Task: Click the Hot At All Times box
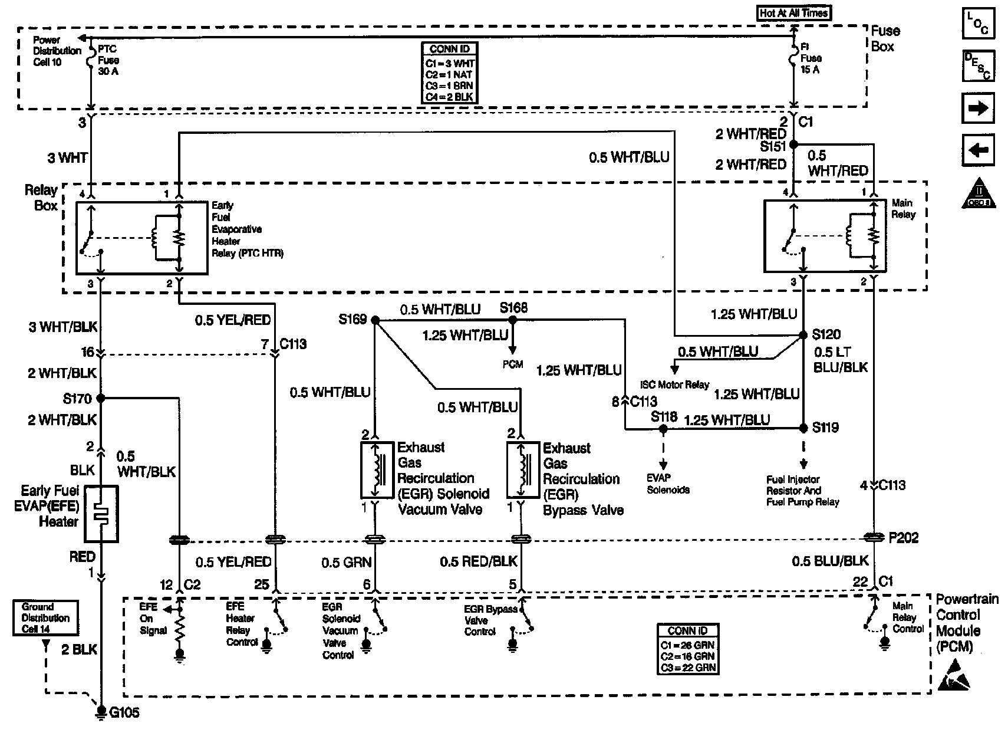point(794,13)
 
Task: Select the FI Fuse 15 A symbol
point(793,58)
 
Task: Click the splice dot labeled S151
point(793,144)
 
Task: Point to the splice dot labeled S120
point(803,335)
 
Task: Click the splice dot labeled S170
point(101,399)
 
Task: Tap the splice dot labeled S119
point(803,428)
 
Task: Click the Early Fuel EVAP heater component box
point(101,514)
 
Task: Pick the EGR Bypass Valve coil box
point(523,470)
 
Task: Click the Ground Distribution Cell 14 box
point(45,618)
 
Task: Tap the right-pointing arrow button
point(978,109)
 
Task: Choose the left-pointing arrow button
point(978,150)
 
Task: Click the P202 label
point(903,538)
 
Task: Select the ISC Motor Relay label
point(674,385)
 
